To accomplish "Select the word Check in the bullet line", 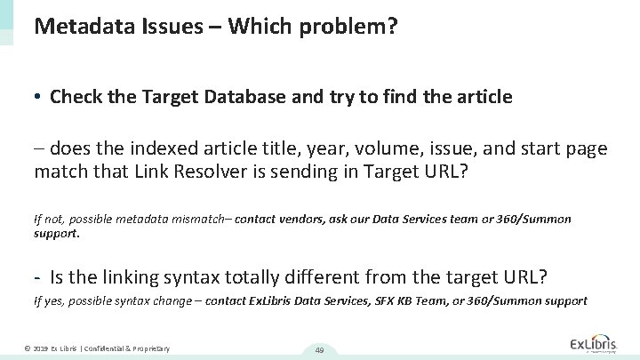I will pos(76,97).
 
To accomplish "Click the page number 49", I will pos(320,350).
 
